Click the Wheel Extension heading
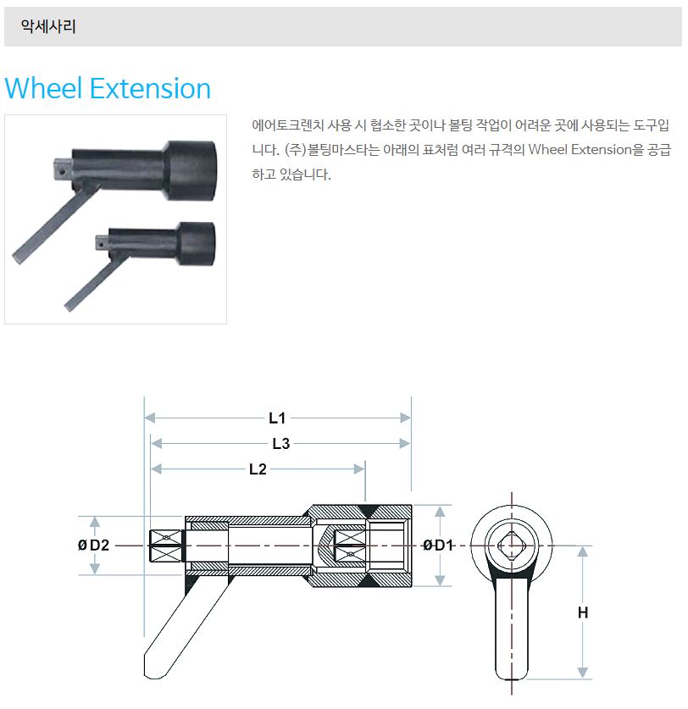108,88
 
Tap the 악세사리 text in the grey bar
48,26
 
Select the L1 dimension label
277,418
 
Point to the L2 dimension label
258,469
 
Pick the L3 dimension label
280,444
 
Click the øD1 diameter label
437,546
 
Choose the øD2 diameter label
93,546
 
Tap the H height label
583,612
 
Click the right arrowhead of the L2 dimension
359,469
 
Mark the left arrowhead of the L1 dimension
150,418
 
